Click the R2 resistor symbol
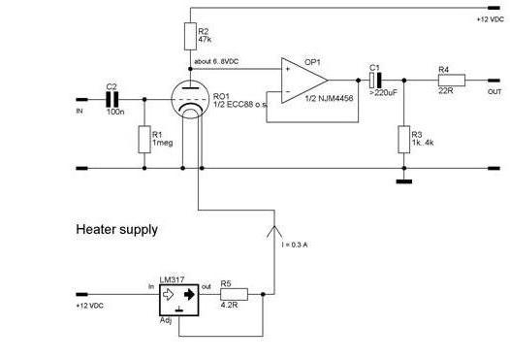point(190,36)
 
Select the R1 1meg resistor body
point(144,140)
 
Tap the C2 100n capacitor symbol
point(112,99)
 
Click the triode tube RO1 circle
point(190,99)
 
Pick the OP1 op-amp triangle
point(304,81)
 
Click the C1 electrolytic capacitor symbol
point(375,81)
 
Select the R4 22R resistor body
point(452,81)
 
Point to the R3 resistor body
point(404,140)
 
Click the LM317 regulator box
point(179,300)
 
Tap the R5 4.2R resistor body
point(235,294)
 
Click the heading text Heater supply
point(116,230)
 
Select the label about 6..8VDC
point(216,61)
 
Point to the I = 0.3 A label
point(295,245)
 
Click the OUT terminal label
point(494,92)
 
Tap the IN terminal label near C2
point(80,112)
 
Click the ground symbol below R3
point(404,181)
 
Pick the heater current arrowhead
point(274,232)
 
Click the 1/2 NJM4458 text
point(329,98)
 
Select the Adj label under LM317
point(166,320)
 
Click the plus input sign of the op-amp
point(288,69)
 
